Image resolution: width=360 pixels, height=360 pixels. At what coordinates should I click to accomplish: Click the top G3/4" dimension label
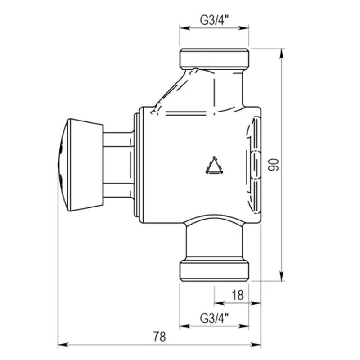click(214, 20)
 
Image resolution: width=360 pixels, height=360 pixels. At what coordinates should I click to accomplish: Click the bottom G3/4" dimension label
click(214, 318)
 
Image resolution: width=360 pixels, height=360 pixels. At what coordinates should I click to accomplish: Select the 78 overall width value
click(159, 337)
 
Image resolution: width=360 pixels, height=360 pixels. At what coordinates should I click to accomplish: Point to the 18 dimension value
click(238, 295)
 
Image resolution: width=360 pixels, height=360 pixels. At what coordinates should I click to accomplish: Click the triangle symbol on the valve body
click(215, 165)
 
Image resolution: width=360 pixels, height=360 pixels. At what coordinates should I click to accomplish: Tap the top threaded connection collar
click(214, 59)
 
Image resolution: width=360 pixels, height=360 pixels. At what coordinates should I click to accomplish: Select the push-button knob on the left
click(80, 165)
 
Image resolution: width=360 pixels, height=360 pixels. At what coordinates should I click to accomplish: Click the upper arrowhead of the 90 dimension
click(282, 54)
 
